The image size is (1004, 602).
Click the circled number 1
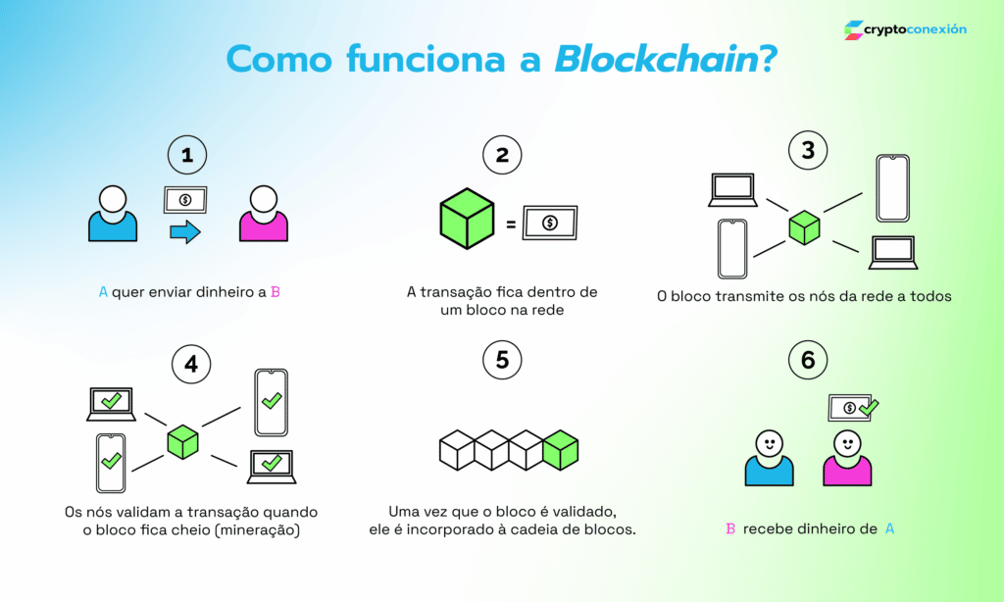[x=187, y=154]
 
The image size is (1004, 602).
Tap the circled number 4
[x=191, y=364]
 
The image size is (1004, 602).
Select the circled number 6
[x=808, y=360]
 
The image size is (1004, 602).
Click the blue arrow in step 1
[x=184, y=232]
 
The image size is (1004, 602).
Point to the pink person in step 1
[x=264, y=214]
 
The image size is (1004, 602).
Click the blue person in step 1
[x=113, y=214]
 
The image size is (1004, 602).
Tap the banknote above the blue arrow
[x=185, y=200]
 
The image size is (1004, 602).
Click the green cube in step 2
[x=467, y=218]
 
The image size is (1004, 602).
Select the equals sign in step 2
[x=511, y=225]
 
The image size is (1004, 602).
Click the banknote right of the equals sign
[x=550, y=223]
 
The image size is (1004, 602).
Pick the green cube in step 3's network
[x=804, y=227]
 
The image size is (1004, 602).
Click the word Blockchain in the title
[x=656, y=59]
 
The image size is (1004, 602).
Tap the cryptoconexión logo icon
[x=853, y=30]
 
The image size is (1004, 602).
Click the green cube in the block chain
[x=561, y=449]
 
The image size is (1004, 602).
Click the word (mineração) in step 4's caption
[x=252, y=530]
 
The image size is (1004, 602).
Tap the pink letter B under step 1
[x=276, y=291]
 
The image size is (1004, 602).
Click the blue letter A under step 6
[x=890, y=528]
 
